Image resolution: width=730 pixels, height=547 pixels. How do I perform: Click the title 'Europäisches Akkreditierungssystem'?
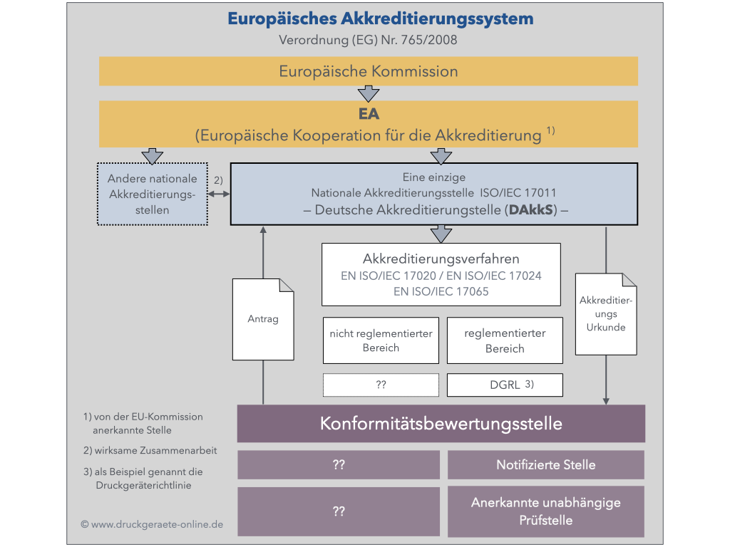(380, 19)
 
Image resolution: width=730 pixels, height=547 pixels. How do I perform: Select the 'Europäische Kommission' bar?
(368, 71)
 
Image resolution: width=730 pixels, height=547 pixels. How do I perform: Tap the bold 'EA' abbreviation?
(368, 114)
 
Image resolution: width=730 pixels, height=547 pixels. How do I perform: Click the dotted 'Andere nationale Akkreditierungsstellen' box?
(152, 194)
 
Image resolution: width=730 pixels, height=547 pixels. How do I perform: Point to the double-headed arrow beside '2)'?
(219, 194)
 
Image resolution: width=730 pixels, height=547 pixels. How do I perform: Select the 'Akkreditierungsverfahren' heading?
(441, 259)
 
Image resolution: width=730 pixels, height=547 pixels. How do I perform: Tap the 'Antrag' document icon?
(263, 318)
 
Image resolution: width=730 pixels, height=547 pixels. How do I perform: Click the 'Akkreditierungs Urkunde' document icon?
(605, 314)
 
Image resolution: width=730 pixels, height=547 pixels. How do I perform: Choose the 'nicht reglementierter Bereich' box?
(381, 340)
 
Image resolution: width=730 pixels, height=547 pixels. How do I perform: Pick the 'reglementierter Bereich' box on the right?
(504, 340)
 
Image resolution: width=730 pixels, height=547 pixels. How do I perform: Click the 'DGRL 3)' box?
(504, 385)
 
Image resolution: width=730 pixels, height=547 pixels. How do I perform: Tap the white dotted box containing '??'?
(381, 385)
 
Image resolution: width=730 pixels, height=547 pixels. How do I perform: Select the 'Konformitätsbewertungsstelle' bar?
(441, 424)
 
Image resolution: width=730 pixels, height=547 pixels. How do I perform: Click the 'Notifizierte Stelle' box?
(545, 465)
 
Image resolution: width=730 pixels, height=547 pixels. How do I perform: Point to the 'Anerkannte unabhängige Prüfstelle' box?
(545, 511)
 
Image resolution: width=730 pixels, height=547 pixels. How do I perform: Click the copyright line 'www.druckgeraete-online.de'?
(152, 524)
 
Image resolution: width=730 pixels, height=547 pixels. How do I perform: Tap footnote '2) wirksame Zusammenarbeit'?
(150, 451)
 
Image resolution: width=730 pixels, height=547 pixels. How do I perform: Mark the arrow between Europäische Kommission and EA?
(368, 93)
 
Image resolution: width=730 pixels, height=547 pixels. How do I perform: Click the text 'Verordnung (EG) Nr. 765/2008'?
(368, 40)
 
